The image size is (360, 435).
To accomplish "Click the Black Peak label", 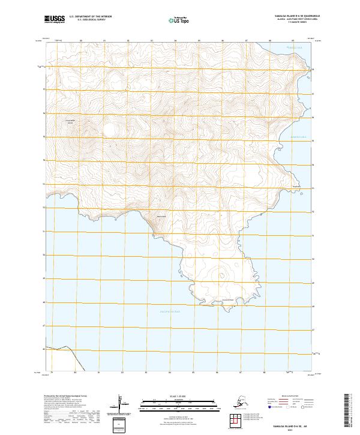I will pos(161,216).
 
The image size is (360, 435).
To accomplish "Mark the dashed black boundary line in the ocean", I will pos(74,360).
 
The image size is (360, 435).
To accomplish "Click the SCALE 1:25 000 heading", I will pos(163,397).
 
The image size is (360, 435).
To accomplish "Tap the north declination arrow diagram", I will pos(120,403).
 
